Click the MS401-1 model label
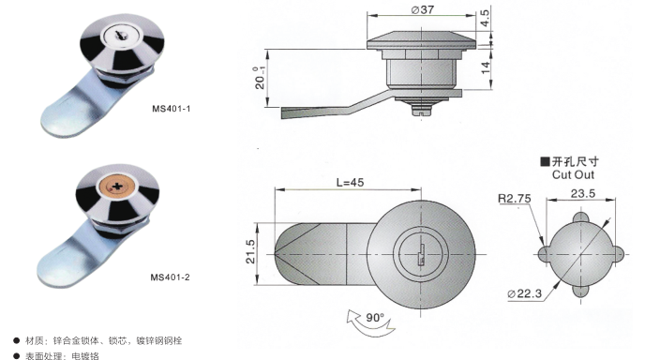pyautogui.click(x=172, y=109)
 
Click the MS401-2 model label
pyautogui.click(x=171, y=277)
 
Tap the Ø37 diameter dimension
pyautogui.click(x=423, y=9)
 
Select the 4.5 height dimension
pyautogui.click(x=486, y=19)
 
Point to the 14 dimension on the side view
pyautogui.click(x=486, y=67)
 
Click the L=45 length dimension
pyautogui.click(x=350, y=182)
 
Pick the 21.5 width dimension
pyautogui.click(x=250, y=252)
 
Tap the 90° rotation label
pyautogui.click(x=375, y=317)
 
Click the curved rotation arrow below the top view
pyautogui.click(x=370, y=327)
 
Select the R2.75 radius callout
pyautogui.click(x=515, y=199)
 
